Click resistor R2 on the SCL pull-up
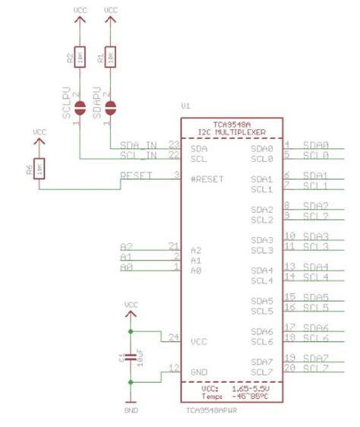(81, 58)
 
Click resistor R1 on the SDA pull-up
(111, 58)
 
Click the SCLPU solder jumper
(81, 106)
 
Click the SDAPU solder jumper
(111, 106)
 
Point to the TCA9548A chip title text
(231, 123)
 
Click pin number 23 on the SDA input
(173, 144)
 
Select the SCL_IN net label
(138, 156)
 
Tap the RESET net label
(137, 176)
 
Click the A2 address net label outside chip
(126, 247)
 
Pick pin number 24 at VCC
(173, 338)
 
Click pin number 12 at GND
(173, 368)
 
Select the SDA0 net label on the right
(315, 144)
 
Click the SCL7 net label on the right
(315, 368)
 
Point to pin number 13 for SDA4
(289, 267)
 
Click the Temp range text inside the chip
(231, 395)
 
